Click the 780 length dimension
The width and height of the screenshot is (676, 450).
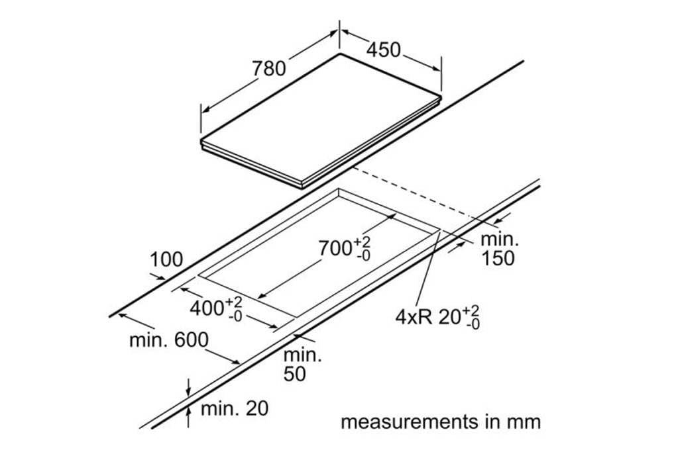pos(269,68)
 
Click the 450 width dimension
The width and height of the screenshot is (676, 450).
pos(383,50)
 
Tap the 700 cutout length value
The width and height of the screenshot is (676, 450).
pos(335,248)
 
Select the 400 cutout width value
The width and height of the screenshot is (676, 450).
pos(207,308)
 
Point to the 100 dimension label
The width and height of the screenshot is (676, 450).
pos(166,259)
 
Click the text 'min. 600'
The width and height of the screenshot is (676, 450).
pos(169,340)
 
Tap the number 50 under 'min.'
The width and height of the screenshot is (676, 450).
pos(294,374)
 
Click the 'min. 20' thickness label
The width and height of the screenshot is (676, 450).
pos(235,408)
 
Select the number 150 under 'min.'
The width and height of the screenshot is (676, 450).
pos(498,258)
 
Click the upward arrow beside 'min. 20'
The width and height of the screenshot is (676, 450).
pos(188,418)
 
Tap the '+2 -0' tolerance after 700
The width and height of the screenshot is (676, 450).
pos(363,248)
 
